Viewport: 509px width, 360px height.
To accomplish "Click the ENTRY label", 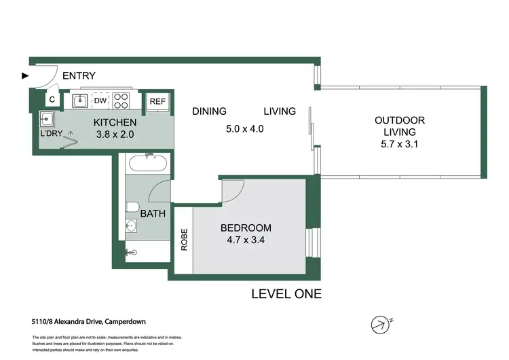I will click(79, 76).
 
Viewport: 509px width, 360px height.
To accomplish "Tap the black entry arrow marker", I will click(26, 76).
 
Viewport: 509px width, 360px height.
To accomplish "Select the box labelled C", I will click(52, 101).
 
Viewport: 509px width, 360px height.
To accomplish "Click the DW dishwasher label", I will click(100, 101).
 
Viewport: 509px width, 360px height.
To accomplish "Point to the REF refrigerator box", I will click(157, 101).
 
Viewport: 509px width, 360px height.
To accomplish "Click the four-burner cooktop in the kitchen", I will click(121, 101).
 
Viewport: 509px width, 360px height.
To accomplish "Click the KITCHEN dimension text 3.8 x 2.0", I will click(115, 134).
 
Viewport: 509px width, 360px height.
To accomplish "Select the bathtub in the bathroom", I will click(147, 164).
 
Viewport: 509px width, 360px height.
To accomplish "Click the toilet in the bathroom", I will click(133, 207).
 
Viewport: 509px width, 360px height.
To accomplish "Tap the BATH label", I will click(153, 214).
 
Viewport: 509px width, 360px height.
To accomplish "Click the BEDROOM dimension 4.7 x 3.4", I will click(246, 240).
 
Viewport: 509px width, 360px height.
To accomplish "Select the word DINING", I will click(209, 111).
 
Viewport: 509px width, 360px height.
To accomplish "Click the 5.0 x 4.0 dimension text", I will click(244, 128).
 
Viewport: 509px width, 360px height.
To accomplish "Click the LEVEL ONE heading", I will click(286, 294).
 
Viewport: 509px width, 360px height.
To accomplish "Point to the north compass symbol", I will click(383, 323).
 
